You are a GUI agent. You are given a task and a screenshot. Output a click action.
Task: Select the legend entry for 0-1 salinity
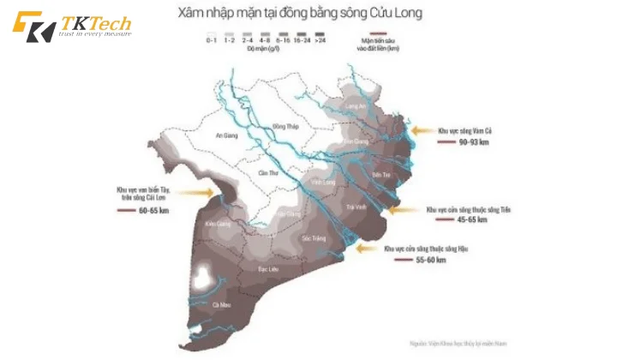[211, 39]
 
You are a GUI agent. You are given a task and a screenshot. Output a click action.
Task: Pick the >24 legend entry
[320, 39]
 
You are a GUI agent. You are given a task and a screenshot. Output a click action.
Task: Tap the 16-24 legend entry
[301, 39]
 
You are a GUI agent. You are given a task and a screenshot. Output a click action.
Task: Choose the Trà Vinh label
[356, 207]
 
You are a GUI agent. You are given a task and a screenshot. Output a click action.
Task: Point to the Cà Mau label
[221, 304]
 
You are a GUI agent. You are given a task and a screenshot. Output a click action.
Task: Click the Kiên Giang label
[218, 224]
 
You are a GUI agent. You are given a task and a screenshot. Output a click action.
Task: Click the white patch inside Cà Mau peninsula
[203, 277]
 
